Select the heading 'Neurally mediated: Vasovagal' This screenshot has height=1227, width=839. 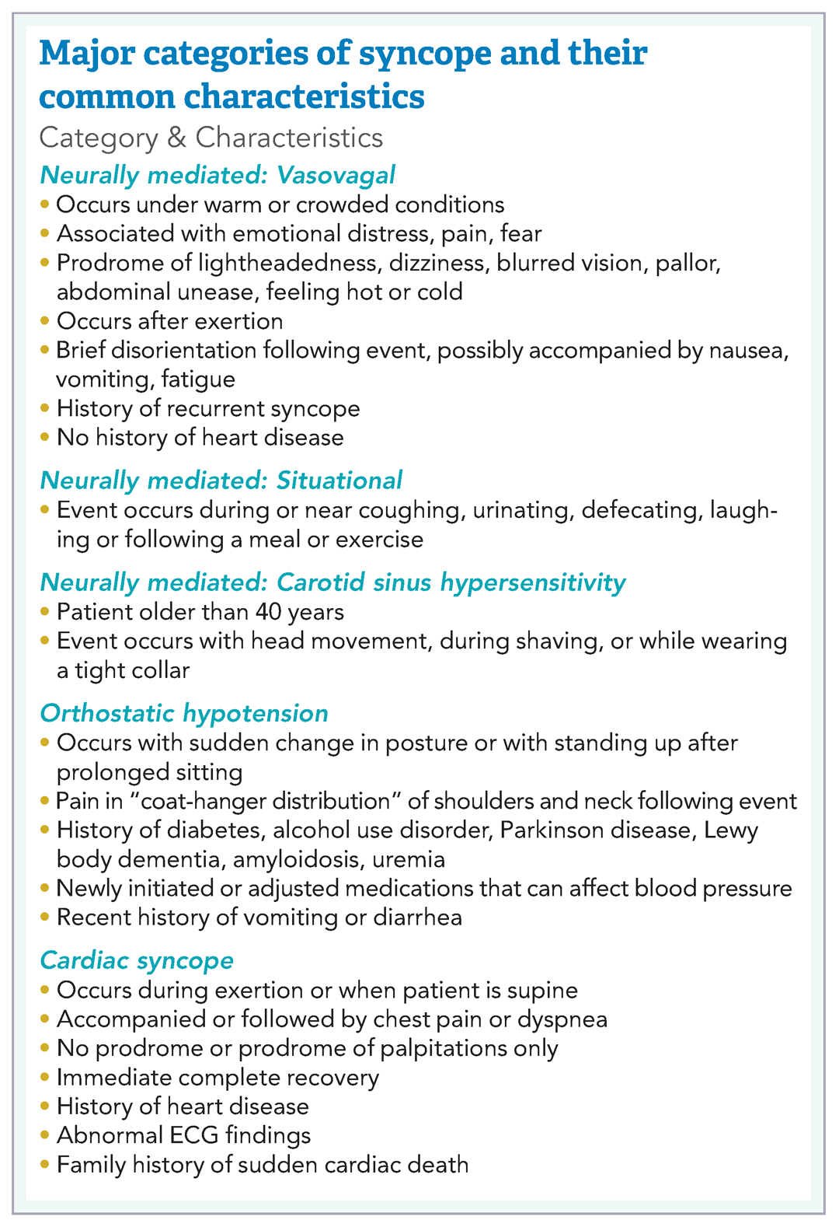point(218,175)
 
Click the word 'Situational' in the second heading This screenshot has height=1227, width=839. point(339,481)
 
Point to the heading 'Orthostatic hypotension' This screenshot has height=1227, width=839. point(184,713)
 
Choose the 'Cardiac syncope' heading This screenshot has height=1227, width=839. point(137,960)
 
